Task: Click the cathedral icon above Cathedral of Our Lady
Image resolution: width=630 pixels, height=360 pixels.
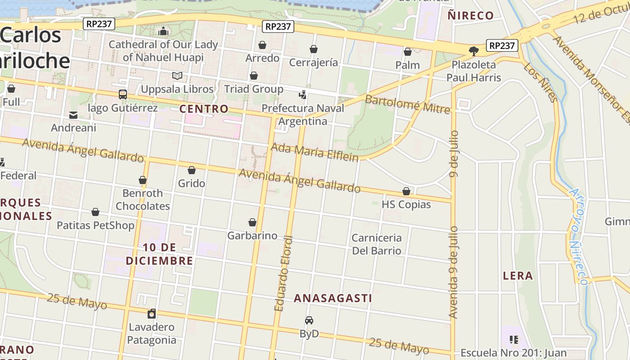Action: (x=163, y=31)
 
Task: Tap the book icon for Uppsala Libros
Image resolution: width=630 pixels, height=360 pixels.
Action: (x=177, y=76)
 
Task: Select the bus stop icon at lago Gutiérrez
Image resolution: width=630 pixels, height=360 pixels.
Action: (x=122, y=94)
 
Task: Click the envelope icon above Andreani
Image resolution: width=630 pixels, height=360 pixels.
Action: (x=73, y=115)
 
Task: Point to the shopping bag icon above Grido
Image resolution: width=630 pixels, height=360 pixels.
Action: (x=192, y=170)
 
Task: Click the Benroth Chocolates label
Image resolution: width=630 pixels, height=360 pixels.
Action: (x=143, y=199)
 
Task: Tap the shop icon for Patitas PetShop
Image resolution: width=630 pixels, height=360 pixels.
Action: (x=95, y=212)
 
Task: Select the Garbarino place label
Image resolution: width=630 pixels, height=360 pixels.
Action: (x=252, y=235)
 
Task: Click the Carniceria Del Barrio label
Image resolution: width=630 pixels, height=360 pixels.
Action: (x=377, y=244)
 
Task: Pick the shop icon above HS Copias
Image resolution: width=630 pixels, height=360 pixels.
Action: (x=406, y=191)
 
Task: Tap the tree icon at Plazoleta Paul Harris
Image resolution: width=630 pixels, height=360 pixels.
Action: (x=473, y=51)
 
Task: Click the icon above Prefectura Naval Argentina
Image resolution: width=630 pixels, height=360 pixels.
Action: (x=303, y=94)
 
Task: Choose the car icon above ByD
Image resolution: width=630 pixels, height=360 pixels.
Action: (x=309, y=320)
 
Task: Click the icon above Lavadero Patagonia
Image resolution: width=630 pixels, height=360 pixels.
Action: (x=152, y=314)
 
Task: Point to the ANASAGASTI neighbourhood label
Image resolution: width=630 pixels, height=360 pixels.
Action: (x=333, y=298)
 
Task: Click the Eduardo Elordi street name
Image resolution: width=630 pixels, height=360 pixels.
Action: (x=284, y=273)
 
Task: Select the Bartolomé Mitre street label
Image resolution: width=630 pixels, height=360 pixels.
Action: (x=407, y=104)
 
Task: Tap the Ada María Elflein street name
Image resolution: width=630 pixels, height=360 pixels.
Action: (x=315, y=152)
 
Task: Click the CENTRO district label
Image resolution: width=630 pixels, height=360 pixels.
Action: (x=204, y=109)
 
